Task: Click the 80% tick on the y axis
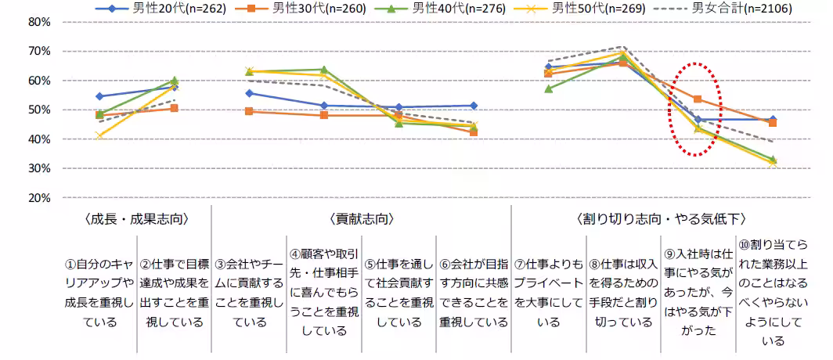(39, 22)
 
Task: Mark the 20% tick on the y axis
(39, 198)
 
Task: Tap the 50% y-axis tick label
(39, 110)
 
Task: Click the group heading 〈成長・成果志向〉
(137, 218)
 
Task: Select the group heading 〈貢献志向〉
(362, 218)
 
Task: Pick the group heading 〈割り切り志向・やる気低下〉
(661, 218)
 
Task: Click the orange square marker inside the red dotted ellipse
(698, 99)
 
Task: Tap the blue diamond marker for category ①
(99, 96)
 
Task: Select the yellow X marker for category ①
(99, 135)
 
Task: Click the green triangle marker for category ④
(324, 70)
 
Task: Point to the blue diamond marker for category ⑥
(474, 106)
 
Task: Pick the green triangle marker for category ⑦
(549, 88)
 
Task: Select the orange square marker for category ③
(249, 111)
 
